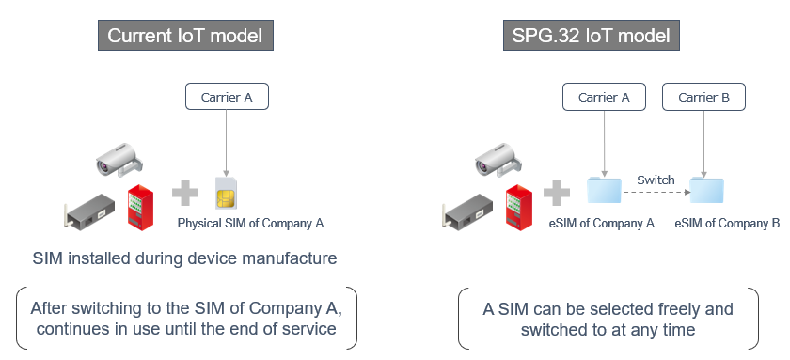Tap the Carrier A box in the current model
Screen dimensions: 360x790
(227, 95)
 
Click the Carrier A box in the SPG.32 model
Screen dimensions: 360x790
(604, 97)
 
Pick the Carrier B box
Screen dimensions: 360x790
(703, 97)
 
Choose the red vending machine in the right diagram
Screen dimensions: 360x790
(516, 207)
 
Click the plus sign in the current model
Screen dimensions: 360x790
(186, 194)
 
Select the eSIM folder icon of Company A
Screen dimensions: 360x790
(604, 190)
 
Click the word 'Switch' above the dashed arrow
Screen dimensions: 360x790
(656, 179)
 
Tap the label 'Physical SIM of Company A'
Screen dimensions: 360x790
(250, 224)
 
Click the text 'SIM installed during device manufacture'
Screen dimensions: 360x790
(184, 258)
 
